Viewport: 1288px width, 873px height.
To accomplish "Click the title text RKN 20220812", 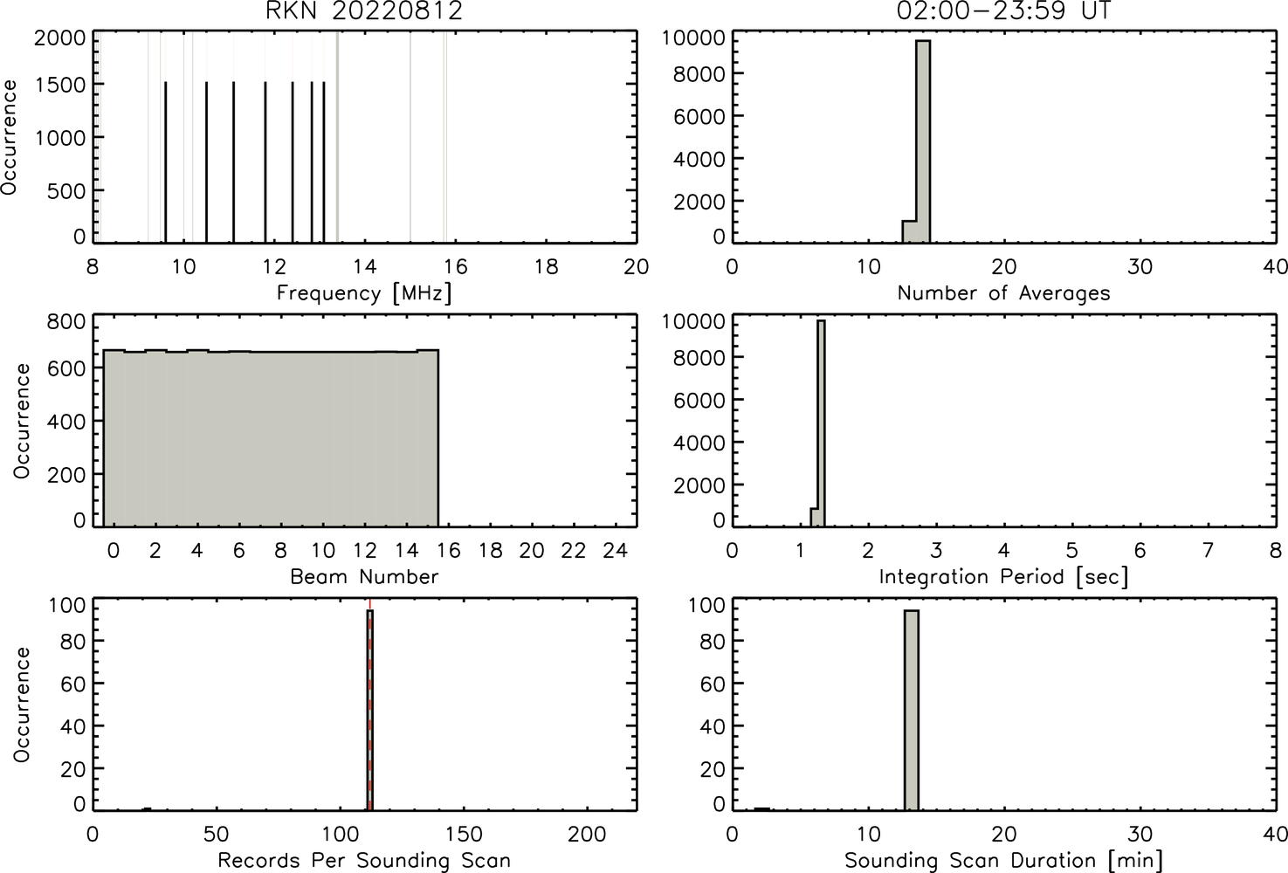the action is click(x=364, y=10).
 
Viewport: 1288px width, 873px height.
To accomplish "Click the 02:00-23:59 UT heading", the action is click(x=1003, y=10).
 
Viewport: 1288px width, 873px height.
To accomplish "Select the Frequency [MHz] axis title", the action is click(x=364, y=293).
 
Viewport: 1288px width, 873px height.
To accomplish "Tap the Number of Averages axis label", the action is click(x=1003, y=293).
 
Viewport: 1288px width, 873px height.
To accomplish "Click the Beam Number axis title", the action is click(x=364, y=576).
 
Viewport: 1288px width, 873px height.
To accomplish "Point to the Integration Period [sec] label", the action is click(x=1003, y=576).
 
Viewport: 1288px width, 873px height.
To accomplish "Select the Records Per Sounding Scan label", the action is click(x=364, y=861).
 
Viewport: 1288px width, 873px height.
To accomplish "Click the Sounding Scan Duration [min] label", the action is click(x=1003, y=861).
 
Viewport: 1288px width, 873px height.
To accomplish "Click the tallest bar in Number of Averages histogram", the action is click(x=923, y=141).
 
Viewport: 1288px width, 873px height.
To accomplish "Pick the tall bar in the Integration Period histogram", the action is click(x=821, y=423).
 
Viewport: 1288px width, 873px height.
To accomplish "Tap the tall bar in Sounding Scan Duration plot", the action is click(x=912, y=710).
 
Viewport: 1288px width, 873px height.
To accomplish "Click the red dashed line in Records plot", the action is click(x=370, y=704).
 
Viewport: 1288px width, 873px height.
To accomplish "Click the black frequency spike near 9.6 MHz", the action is click(x=166, y=162).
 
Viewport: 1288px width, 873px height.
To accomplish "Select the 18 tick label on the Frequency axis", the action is click(x=547, y=266).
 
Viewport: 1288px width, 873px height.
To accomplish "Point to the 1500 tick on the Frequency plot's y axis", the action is click(x=60, y=85).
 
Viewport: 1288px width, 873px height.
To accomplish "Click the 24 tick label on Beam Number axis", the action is click(x=616, y=550).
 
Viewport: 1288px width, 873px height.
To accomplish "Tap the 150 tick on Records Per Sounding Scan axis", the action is click(x=464, y=834).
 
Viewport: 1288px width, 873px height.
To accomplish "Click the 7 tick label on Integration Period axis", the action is click(x=1208, y=550).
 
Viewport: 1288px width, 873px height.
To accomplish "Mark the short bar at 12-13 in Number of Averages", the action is click(x=909, y=231).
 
